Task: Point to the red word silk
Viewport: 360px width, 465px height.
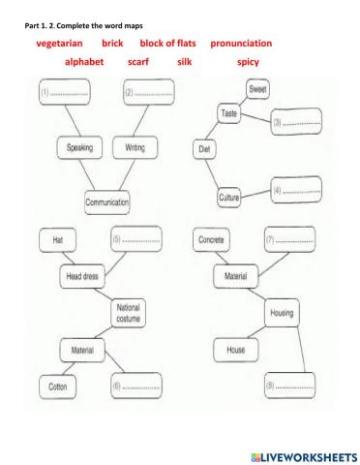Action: click(185, 62)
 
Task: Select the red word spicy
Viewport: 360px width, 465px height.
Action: click(248, 62)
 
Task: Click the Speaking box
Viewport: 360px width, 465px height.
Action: click(79, 148)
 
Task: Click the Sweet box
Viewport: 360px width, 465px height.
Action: click(257, 90)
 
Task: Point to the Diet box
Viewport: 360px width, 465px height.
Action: click(204, 149)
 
